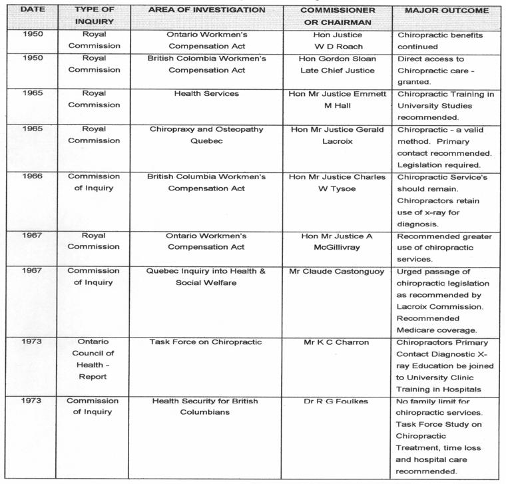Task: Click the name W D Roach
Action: click(x=338, y=47)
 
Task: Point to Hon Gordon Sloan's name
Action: click(x=338, y=59)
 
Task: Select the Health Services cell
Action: click(x=206, y=94)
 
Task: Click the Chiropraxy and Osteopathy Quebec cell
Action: click(x=206, y=135)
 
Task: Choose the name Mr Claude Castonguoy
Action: click(x=337, y=271)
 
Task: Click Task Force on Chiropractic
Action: click(x=206, y=342)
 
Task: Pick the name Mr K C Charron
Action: click(x=337, y=342)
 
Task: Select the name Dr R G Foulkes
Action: click(x=338, y=401)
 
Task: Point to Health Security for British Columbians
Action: click(x=206, y=406)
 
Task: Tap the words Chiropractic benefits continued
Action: click(x=440, y=41)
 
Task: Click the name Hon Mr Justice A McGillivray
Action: click(x=338, y=241)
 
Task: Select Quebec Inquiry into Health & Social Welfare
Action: click(x=206, y=276)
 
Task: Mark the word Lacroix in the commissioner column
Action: click(x=338, y=141)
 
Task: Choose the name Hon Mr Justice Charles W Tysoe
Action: click(x=338, y=182)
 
